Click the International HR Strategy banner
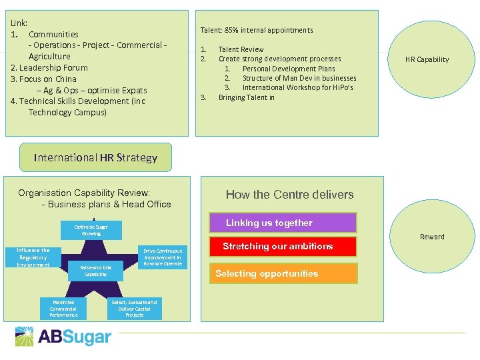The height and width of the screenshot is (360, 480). pyautogui.click(x=95, y=157)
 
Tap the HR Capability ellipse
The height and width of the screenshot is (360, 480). pyautogui.click(x=427, y=59)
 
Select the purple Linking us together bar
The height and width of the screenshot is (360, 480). pyautogui.click(x=283, y=223)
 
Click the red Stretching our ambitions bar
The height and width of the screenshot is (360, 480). pyautogui.click(x=283, y=247)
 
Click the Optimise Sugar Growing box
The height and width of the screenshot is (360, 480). pyautogui.click(x=91, y=230)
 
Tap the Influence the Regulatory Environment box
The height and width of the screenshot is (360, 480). pyautogui.click(x=33, y=257)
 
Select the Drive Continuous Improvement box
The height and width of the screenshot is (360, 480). pyautogui.click(x=163, y=257)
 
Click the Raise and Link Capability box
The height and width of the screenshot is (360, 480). pyautogui.click(x=95, y=270)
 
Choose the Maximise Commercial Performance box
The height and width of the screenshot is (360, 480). pyautogui.click(x=63, y=308)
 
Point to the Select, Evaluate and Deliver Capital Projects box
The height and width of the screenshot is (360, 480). pyautogui.click(x=135, y=308)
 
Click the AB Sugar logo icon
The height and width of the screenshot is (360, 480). pyautogui.click(x=25, y=337)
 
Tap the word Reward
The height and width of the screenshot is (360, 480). pyautogui.click(x=432, y=237)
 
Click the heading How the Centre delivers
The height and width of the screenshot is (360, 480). pyautogui.click(x=289, y=195)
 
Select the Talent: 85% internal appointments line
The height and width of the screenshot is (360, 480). pyautogui.click(x=257, y=30)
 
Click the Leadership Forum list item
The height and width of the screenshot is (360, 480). pyautogui.click(x=49, y=67)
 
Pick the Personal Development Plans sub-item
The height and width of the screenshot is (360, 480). pyautogui.click(x=289, y=69)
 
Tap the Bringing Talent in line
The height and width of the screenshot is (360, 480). pyautogui.click(x=246, y=97)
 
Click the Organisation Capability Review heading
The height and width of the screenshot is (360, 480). pyautogui.click(x=84, y=193)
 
